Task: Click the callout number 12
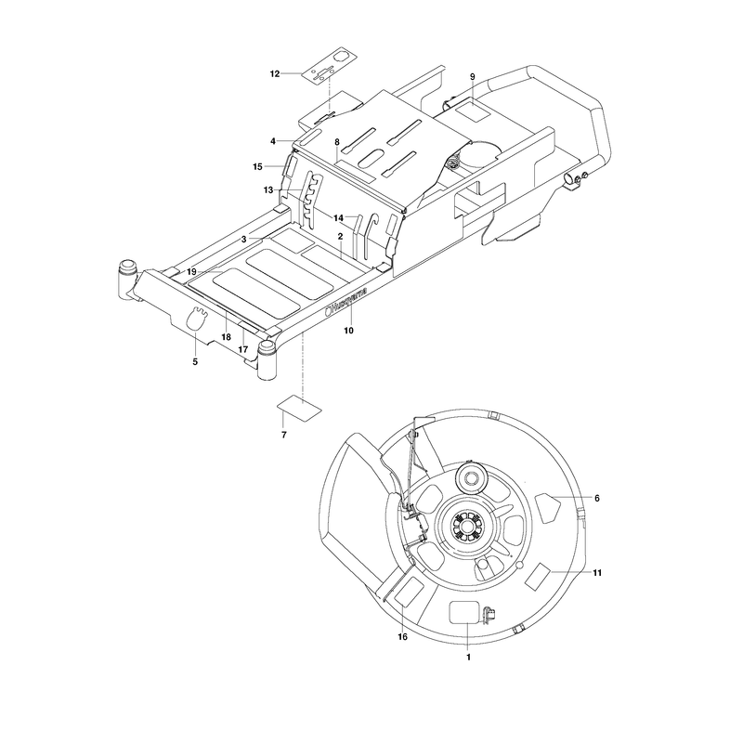(x=275, y=74)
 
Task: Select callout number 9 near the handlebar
(x=472, y=77)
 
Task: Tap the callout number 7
(x=284, y=435)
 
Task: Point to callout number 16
(x=402, y=637)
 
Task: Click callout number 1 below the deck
(x=469, y=658)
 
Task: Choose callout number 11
(x=597, y=573)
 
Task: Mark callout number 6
(x=597, y=498)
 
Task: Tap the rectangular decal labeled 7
(x=299, y=408)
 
